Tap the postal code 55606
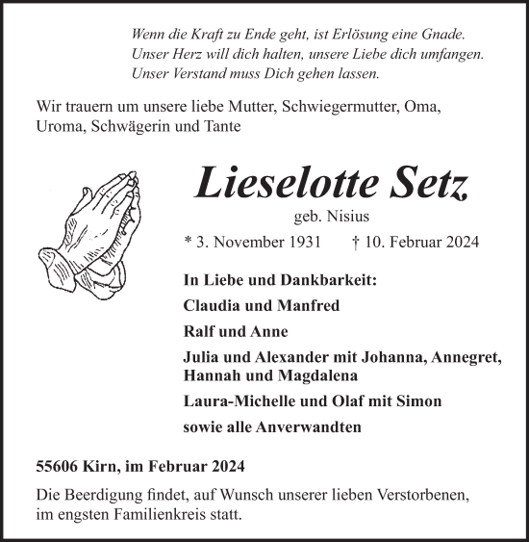(x=59, y=467)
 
